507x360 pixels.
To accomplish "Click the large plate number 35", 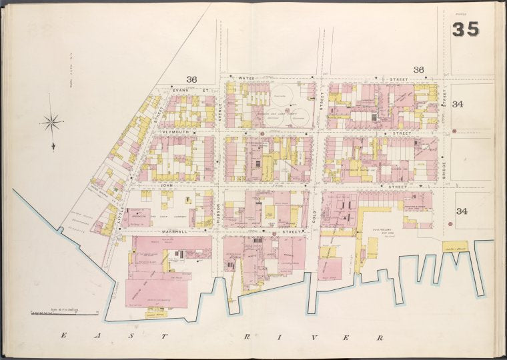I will (x=465, y=29).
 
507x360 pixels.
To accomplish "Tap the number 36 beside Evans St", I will (x=191, y=79).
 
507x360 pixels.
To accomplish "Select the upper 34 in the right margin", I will (x=458, y=104).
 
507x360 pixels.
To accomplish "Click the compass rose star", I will (x=51, y=121).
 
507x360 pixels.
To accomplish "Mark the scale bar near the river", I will (x=64, y=312).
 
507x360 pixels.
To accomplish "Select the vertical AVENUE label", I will (x=218, y=118).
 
